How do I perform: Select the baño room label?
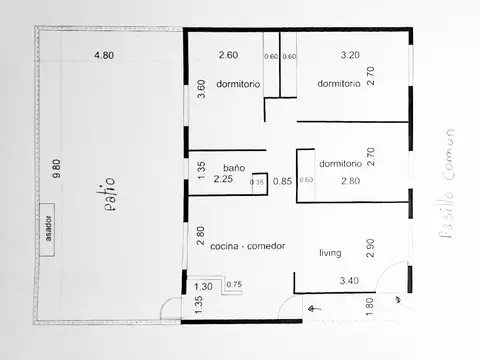[234, 168]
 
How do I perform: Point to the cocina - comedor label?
[248, 246]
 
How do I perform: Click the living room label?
[331, 253]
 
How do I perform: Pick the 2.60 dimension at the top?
[228, 56]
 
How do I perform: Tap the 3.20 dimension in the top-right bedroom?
[350, 56]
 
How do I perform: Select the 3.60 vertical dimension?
[201, 87]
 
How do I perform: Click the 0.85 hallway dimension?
[283, 181]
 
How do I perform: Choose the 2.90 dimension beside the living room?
[371, 249]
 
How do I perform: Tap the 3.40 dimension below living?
[350, 281]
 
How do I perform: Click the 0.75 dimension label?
[235, 285]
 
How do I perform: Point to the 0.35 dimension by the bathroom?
[257, 182]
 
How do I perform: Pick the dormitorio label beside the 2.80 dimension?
[340, 163]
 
